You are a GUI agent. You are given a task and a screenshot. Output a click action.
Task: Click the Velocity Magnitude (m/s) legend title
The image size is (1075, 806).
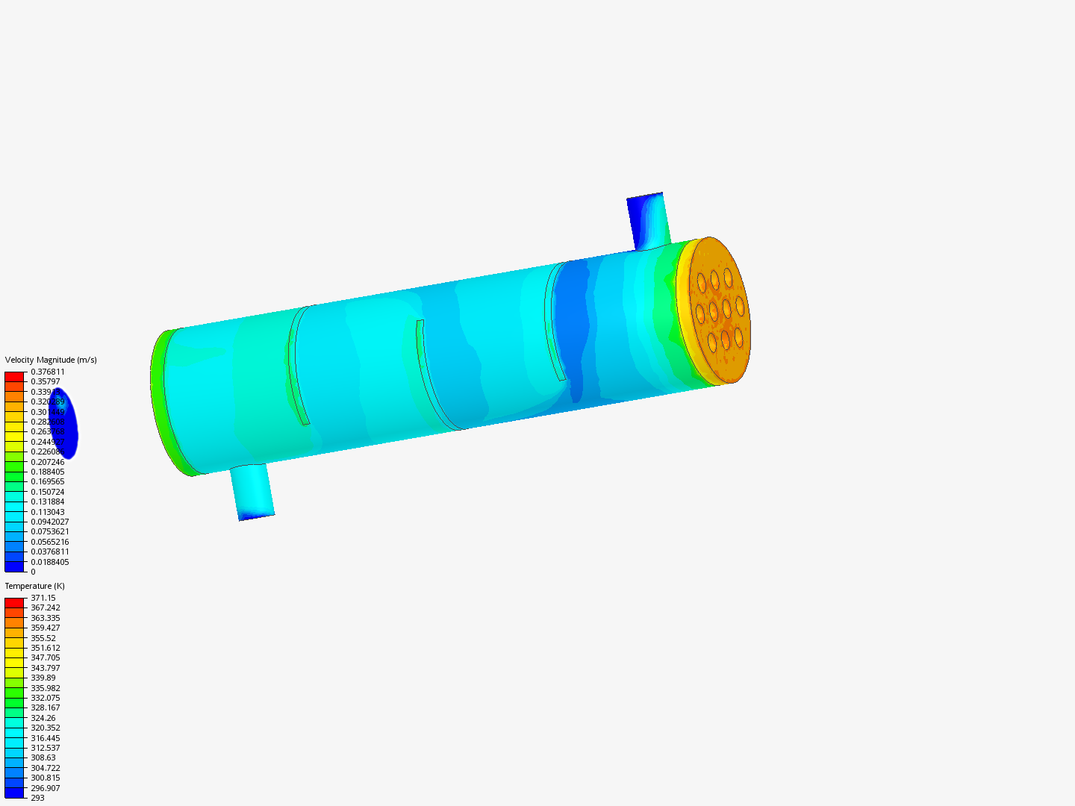pos(51,360)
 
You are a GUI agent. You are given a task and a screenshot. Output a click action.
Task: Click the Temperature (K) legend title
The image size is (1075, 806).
pos(34,586)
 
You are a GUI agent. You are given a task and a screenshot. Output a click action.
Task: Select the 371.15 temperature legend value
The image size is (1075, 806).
pos(43,598)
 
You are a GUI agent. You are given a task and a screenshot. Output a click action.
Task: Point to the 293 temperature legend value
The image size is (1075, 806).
pos(37,798)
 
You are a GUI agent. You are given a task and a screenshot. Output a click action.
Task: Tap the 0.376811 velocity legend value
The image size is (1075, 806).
pos(48,372)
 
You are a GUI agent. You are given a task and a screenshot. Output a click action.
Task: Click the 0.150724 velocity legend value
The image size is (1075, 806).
pos(48,492)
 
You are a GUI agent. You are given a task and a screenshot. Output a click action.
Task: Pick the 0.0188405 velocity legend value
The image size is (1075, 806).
pos(49,562)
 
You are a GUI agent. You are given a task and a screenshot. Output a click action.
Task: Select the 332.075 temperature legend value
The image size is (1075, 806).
pos(46,698)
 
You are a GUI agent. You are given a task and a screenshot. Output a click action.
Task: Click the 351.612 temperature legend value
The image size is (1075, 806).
pos(46,648)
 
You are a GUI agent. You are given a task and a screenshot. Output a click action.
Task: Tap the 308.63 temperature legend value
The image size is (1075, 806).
pos(43,757)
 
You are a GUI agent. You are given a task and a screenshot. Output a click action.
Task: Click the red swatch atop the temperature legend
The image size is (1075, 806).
pos(14,602)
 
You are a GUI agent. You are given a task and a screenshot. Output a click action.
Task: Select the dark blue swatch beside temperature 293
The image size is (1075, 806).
pos(14,793)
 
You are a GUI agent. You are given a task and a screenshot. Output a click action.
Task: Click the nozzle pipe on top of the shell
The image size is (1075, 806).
pos(646,221)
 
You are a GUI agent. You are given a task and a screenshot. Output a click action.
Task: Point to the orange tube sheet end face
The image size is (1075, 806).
pos(718,310)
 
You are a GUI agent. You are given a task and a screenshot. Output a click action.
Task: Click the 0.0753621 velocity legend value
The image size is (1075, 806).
pos(49,531)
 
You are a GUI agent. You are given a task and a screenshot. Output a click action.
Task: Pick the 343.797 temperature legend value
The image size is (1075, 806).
pos(46,668)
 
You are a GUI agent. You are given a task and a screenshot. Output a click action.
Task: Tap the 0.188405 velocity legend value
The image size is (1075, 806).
pos(48,472)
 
